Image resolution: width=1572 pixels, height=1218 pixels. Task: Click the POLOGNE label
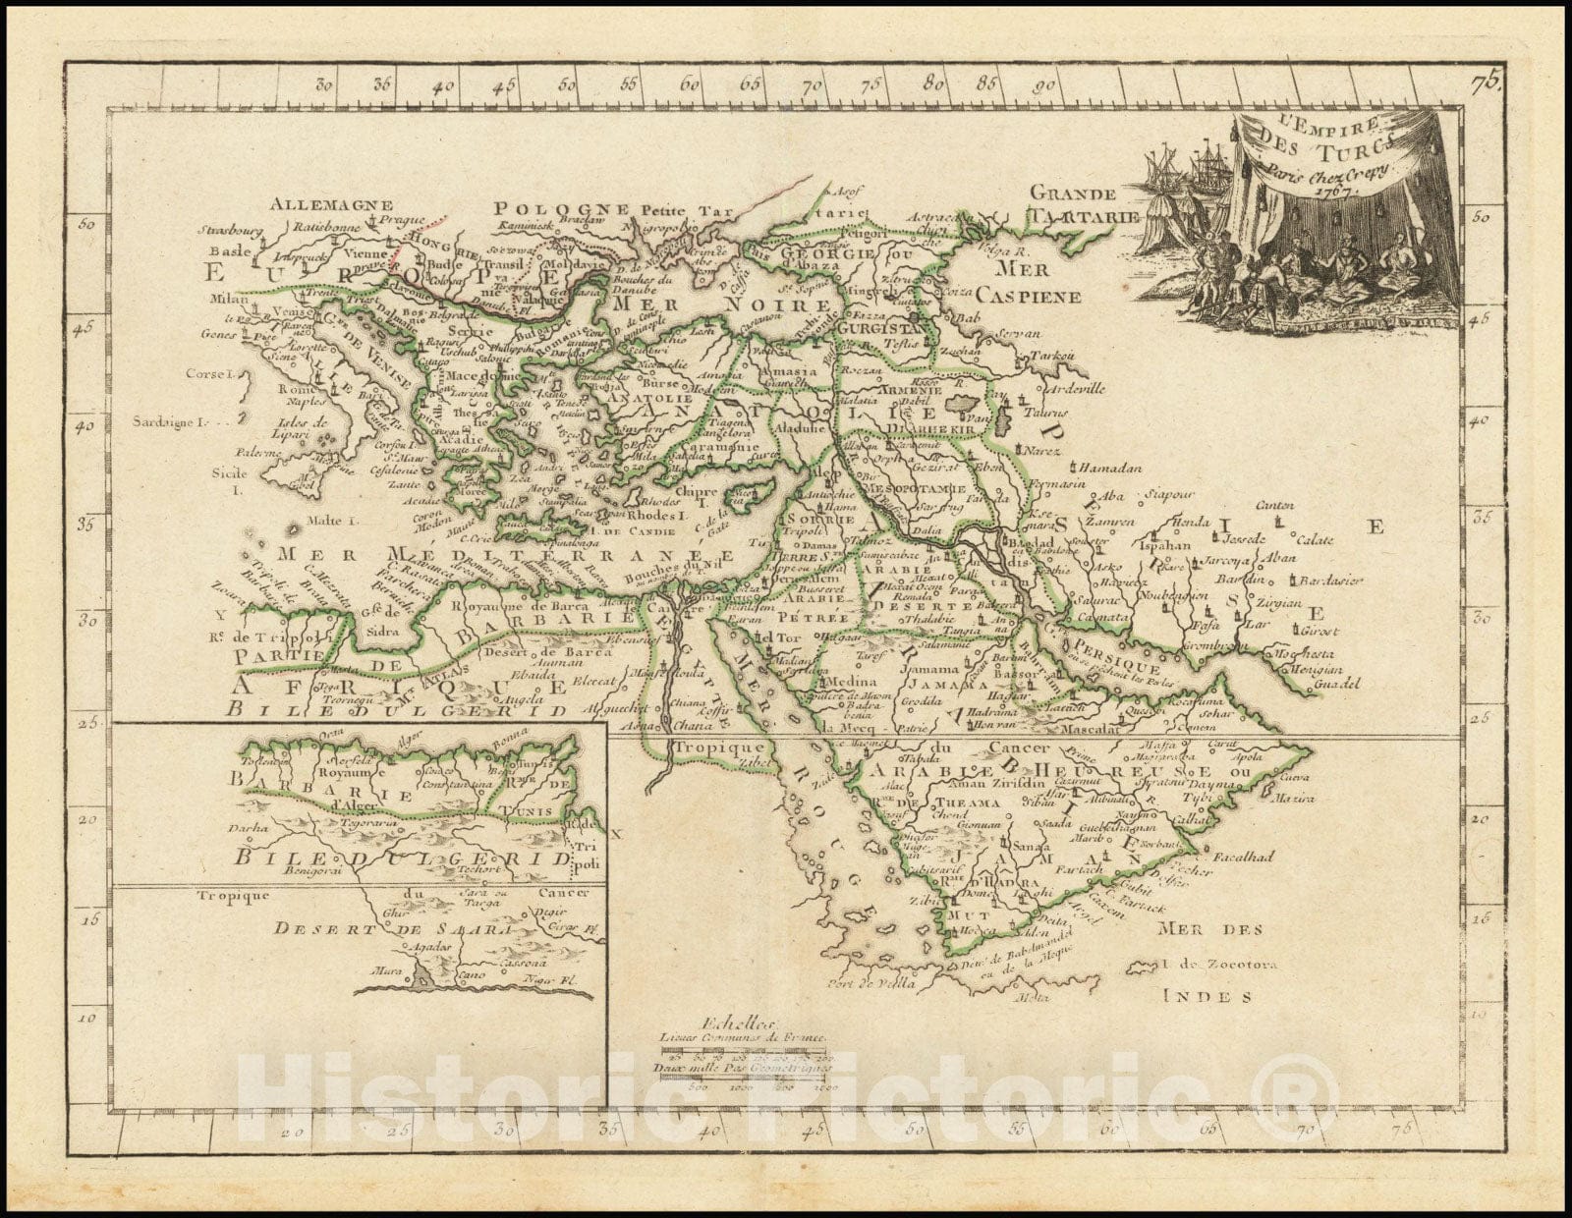[x=561, y=208]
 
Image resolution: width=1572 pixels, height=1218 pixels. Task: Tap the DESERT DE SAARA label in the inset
[x=393, y=928]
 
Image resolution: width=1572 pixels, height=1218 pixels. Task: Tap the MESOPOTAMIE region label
[x=914, y=488]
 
